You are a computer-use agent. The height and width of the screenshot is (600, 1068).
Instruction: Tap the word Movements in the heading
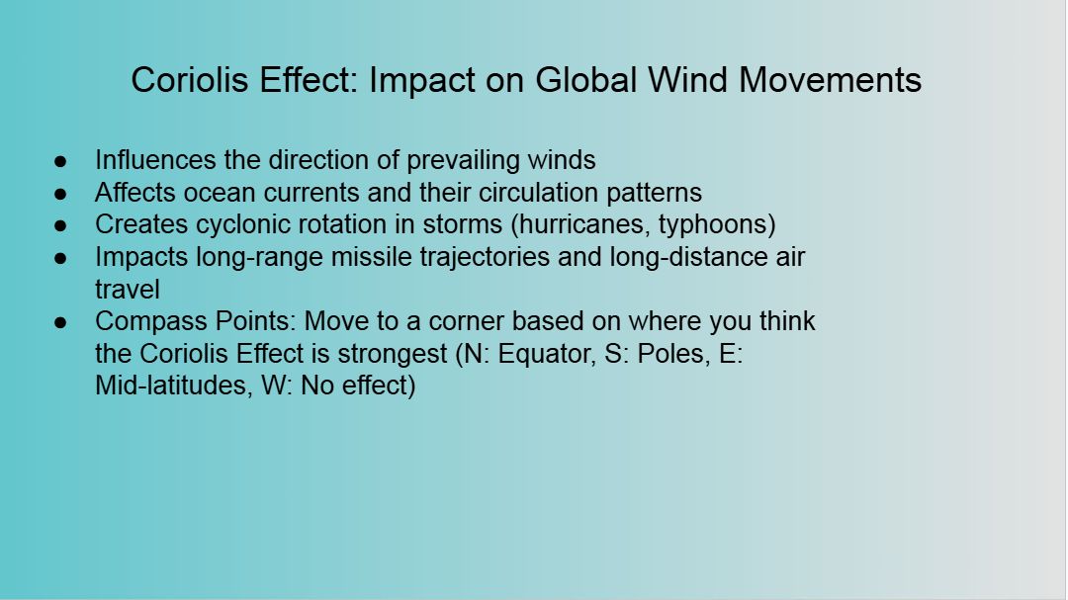point(830,80)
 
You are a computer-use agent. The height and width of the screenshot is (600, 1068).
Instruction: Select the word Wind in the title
point(688,80)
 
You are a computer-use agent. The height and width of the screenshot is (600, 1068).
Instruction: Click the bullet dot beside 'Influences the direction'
point(60,161)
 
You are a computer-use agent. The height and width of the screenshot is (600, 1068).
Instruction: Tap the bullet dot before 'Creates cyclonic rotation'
point(60,225)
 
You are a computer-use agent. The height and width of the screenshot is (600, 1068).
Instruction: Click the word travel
point(128,290)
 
